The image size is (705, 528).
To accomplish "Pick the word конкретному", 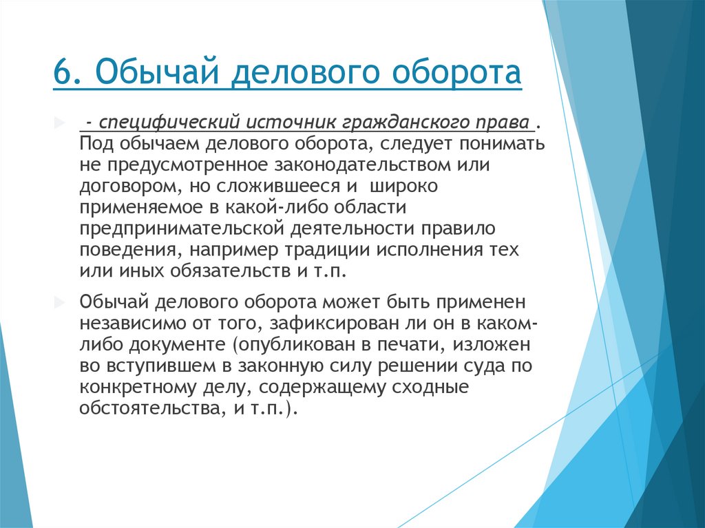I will (x=138, y=386).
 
